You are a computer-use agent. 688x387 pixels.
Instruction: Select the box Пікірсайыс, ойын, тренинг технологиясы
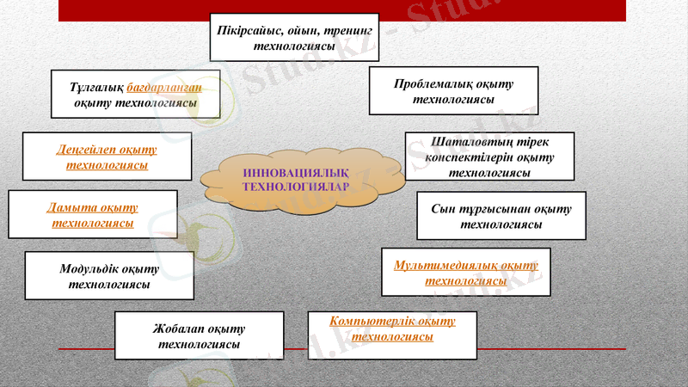click(x=294, y=38)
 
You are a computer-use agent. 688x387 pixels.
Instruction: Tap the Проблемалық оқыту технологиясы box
click(x=453, y=91)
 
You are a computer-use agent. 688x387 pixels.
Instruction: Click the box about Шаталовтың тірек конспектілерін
click(x=489, y=157)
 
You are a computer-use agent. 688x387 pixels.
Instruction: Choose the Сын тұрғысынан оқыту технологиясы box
click(x=501, y=216)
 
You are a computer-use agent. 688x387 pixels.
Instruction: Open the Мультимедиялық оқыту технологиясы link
click(x=466, y=273)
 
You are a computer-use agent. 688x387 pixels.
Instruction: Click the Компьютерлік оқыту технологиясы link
click(x=392, y=329)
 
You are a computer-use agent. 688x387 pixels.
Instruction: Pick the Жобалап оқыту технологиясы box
click(x=199, y=335)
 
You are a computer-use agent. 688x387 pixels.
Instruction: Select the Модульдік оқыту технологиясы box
click(x=109, y=276)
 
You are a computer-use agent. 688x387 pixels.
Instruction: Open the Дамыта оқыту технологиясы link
click(x=93, y=215)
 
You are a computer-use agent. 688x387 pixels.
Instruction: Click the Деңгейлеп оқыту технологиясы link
click(x=107, y=157)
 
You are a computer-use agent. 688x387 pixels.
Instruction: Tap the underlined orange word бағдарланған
click(x=170, y=88)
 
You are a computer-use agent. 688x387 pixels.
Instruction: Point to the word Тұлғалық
click(x=97, y=88)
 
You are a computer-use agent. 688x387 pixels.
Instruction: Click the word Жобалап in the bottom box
click(x=175, y=329)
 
